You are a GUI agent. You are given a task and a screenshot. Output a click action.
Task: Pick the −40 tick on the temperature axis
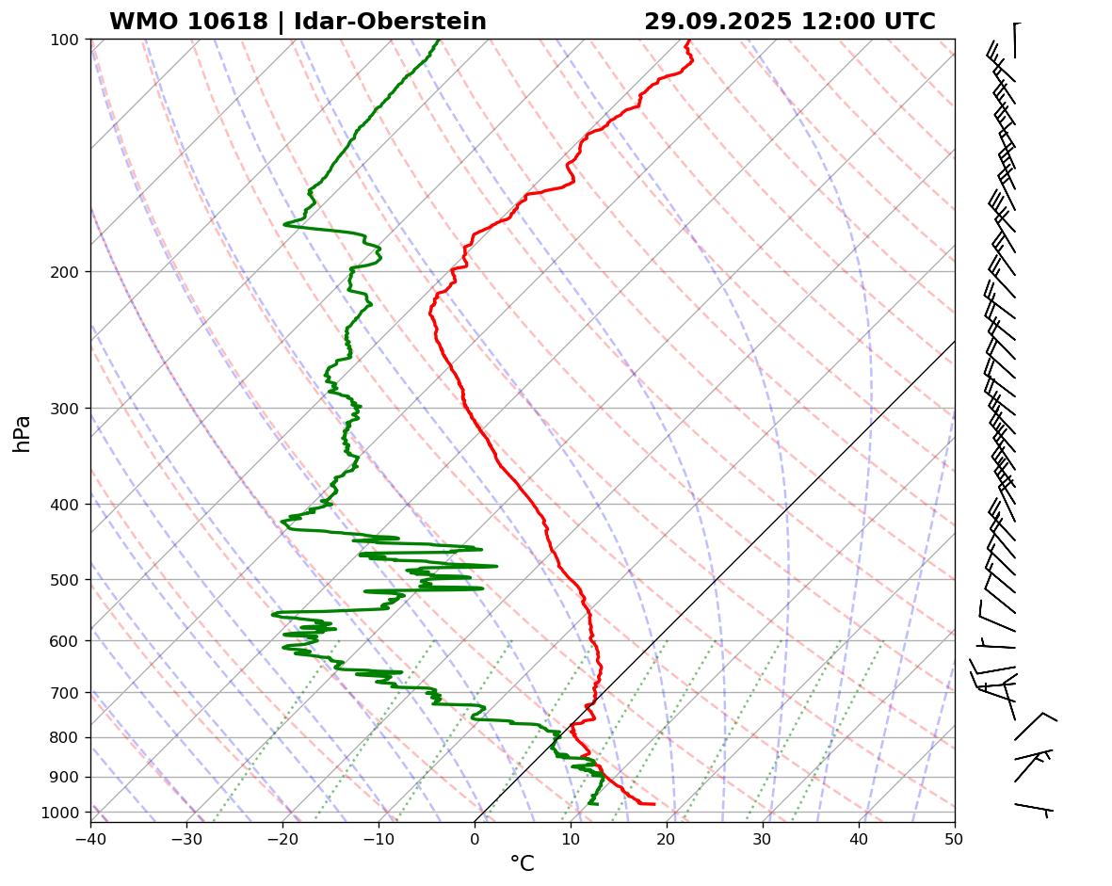tap(90, 835)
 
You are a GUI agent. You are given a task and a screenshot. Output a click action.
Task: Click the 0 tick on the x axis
tap(475, 835)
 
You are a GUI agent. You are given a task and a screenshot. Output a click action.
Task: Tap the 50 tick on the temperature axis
tap(955, 835)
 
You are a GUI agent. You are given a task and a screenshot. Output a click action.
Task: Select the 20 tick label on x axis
tap(667, 835)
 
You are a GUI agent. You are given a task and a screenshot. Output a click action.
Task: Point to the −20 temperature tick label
tap(282, 835)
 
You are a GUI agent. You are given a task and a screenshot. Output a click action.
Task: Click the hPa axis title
tap(23, 433)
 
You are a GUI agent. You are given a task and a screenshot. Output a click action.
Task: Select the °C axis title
tap(522, 863)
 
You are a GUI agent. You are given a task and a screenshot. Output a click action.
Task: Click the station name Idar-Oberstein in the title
tap(391, 22)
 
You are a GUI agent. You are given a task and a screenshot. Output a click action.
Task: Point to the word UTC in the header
tap(907, 22)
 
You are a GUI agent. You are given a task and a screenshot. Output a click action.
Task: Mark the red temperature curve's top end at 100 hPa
tap(687, 40)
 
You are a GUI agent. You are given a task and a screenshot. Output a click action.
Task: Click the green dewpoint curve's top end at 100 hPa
tap(439, 40)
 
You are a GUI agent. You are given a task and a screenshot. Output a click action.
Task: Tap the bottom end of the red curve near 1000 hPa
tap(653, 803)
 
